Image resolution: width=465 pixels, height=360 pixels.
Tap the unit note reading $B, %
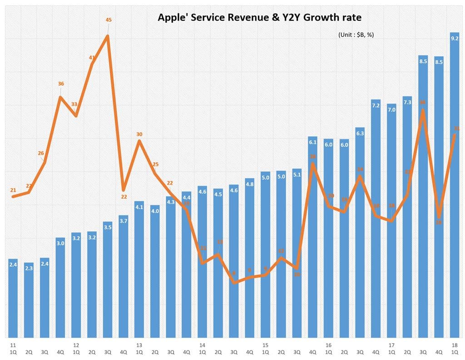tap(356, 35)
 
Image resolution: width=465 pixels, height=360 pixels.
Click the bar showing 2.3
tap(29, 302)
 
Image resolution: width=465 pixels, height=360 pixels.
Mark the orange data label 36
tap(60, 84)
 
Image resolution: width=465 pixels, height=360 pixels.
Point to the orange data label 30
tap(139, 134)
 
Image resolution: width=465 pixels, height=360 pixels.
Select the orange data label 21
tap(13, 190)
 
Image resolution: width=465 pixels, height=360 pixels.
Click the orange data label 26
tap(41, 153)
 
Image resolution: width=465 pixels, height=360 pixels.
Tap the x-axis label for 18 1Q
tap(455, 349)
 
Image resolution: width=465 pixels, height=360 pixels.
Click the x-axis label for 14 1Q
tap(202, 349)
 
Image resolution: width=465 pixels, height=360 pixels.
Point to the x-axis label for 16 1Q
tap(328, 349)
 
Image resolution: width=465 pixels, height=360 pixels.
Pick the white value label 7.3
tap(408, 102)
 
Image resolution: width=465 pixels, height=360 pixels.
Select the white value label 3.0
tap(60, 243)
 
